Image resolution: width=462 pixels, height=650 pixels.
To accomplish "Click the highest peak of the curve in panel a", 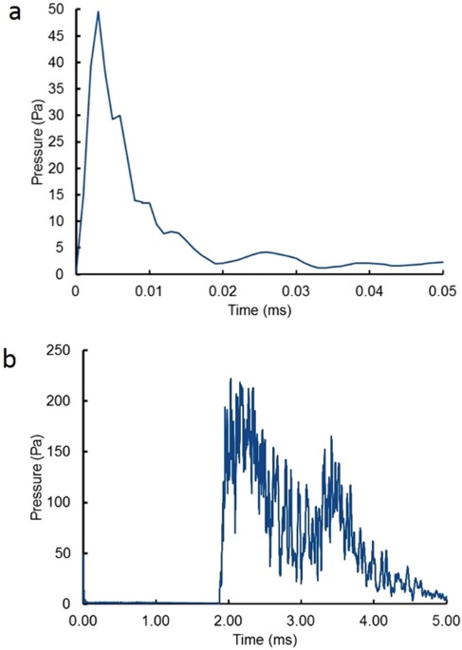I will (x=98, y=11).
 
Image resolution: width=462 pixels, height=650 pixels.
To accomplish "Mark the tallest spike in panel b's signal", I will (x=231, y=379).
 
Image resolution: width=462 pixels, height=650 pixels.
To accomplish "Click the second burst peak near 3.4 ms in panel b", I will (x=331, y=436).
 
